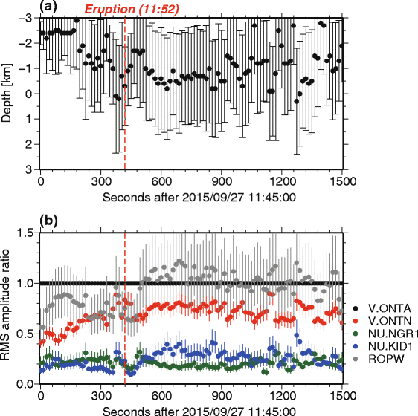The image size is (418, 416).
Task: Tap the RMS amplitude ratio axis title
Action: coord(8,308)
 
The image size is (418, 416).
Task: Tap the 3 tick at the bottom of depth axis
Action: coord(30,169)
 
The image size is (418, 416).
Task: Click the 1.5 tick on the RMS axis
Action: coord(26,233)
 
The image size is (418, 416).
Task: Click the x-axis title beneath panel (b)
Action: coord(190,409)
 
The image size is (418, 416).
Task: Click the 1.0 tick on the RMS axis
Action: coord(26,283)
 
